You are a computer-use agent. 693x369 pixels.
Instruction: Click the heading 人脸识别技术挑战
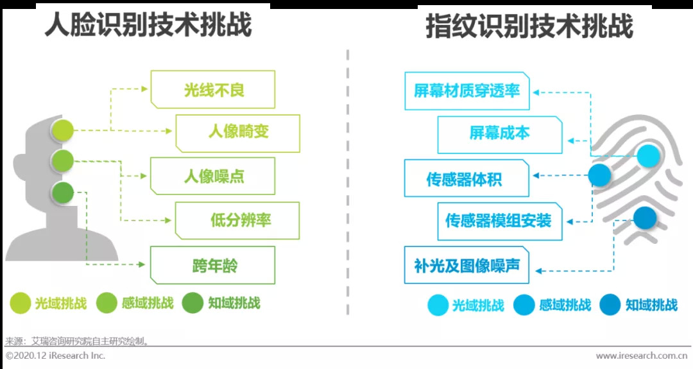(148, 26)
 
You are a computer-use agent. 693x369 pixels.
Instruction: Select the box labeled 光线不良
(213, 90)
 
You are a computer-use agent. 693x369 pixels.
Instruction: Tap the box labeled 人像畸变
(238, 133)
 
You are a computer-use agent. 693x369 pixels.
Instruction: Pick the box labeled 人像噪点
(213, 176)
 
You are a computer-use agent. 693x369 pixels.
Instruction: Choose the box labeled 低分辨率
(238, 220)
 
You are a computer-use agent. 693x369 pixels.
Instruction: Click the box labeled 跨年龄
(213, 264)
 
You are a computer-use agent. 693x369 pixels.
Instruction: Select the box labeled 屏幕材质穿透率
(466, 91)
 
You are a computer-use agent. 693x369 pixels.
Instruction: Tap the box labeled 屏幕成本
(499, 134)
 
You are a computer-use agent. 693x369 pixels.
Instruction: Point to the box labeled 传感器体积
(466, 178)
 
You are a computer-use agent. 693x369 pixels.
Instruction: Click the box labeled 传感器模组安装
(499, 221)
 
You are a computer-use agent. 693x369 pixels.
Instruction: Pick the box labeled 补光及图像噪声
(466, 264)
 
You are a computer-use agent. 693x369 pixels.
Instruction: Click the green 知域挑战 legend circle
(193, 303)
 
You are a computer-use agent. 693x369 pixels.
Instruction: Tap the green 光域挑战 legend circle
(21, 303)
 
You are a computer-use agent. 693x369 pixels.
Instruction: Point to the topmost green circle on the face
(63, 130)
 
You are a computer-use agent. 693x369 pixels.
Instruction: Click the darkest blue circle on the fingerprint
(646, 218)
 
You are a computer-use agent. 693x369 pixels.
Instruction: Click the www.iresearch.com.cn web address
(642, 356)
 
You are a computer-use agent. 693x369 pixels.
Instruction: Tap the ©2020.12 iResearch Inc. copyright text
(56, 356)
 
